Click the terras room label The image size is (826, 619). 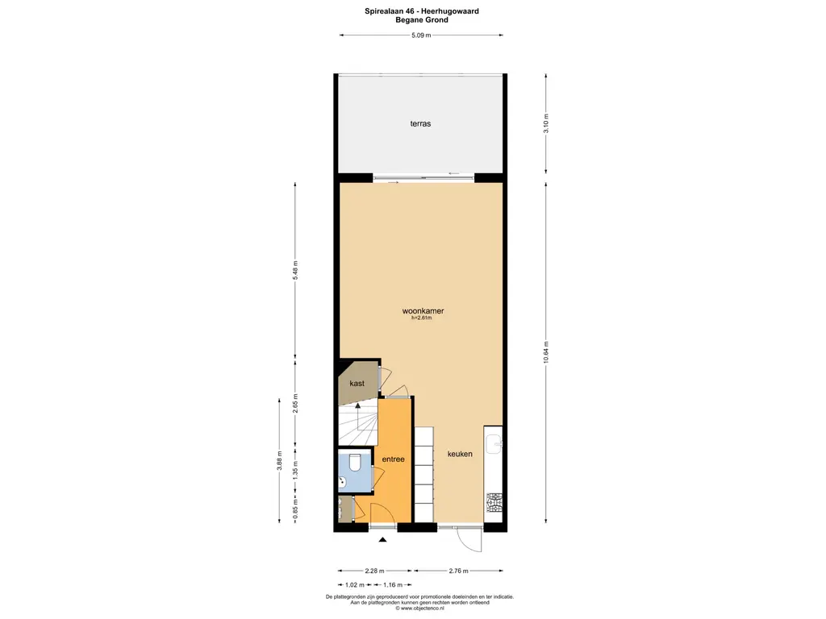point(420,123)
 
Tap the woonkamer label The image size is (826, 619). point(423,310)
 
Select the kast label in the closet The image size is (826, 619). point(357,383)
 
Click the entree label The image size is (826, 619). point(393,459)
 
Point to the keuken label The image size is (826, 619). point(460,454)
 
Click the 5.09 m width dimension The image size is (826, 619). point(421,35)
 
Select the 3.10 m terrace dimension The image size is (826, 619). point(546,123)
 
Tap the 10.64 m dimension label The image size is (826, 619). point(546,351)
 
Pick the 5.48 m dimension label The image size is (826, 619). point(295,270)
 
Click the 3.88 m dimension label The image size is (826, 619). point(280,460)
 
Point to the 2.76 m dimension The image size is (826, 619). point(458,571)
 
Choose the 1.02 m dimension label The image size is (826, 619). point(355,585)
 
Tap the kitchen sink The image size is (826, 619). point(494,444)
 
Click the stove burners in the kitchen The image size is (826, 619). point(494,503)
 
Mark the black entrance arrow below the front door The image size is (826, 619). point(383,539)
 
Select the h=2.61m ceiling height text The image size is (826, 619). point(421,318)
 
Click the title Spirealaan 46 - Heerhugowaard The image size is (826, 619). point(421,11)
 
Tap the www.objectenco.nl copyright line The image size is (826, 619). point(419,609)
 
